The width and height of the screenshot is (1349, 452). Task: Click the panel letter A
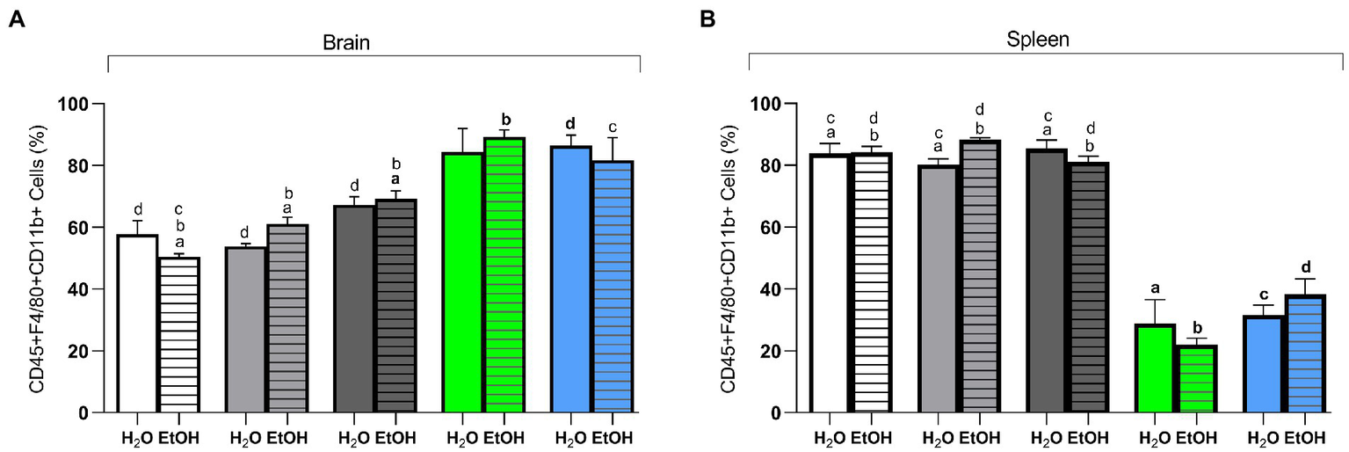[x=15, y=18]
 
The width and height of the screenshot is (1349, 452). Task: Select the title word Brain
[x=373, y=41]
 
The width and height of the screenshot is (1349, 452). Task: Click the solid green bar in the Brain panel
[x=462, y=282]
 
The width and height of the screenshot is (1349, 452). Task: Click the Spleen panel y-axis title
[x=729, y=258]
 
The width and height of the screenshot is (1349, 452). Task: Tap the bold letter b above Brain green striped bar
[x=505, y=119]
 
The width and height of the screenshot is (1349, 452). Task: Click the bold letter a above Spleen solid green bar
[x=1155, y=288]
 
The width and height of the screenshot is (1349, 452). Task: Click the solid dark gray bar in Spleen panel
[x=1047, y=281]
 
